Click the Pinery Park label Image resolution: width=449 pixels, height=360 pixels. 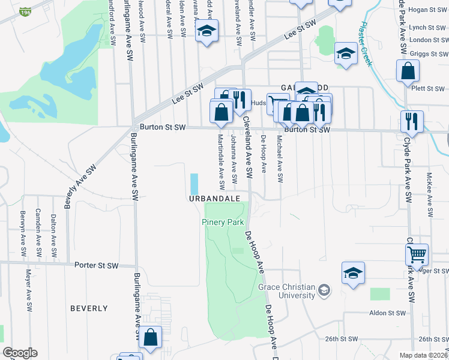point(222,223)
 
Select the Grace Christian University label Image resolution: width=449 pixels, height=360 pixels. point(287,291)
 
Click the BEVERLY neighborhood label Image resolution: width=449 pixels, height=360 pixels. point(89,308)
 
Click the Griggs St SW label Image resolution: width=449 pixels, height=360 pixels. point(426,52)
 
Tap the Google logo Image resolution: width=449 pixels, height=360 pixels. point(20,353)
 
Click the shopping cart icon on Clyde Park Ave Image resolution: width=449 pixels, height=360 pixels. point(417,254)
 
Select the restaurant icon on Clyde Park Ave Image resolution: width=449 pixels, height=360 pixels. point(412,121)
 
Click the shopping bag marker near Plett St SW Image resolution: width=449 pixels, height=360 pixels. point(408,71)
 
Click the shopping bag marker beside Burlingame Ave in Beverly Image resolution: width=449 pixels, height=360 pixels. point(150,337)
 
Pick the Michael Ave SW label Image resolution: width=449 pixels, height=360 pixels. point(280,158)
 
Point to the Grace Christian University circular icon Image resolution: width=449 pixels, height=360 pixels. point(324,291)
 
